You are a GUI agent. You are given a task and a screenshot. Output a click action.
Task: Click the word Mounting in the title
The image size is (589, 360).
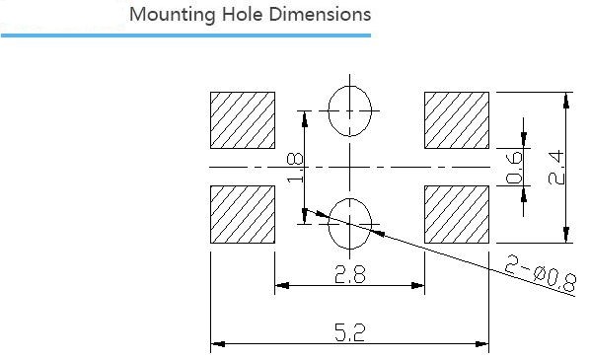point(172,16)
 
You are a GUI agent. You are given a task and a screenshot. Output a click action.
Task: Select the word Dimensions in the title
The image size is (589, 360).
point(320,14)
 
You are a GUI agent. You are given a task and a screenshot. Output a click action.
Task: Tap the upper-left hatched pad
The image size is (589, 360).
point(243,120)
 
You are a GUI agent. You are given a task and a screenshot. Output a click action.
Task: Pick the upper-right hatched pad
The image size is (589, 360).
point(457,120)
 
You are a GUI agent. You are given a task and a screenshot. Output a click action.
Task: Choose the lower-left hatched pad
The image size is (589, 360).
point(243,214)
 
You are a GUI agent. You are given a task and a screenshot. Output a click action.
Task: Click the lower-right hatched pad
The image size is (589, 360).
point(457,214)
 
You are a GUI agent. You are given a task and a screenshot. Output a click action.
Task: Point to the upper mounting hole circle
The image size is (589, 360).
point(329,111)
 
